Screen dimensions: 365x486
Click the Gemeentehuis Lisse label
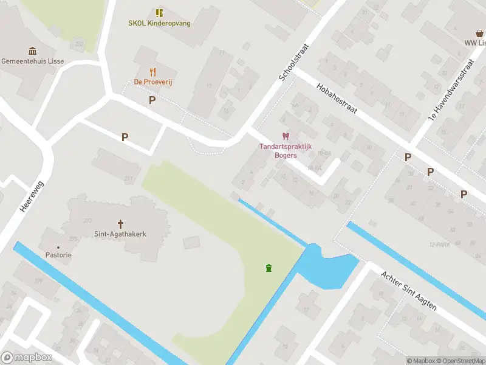click(x=33, y=61)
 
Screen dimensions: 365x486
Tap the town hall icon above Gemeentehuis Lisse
click(x=33, y=51)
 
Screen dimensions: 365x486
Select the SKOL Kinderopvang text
click(x=159, y=23)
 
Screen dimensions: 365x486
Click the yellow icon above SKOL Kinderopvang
click(x=159, y=13)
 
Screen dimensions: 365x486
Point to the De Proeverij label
click(x=153, y=82)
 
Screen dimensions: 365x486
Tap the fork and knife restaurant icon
click(x=153, y=72)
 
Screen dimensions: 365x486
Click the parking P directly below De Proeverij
click(x=152, y=100)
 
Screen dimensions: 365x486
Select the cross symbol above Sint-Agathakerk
click(x=120, y=223)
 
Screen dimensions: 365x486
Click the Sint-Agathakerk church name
click(x=120, y=234)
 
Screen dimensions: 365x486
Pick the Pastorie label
click(x=58, y=255)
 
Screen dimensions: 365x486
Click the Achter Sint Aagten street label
click(x=408, y=291)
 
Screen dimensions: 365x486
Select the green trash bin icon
click(x=269, y=268)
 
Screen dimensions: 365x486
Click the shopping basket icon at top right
click(x=479, y=33)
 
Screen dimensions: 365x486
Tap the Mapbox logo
click(x=27, y=358)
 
